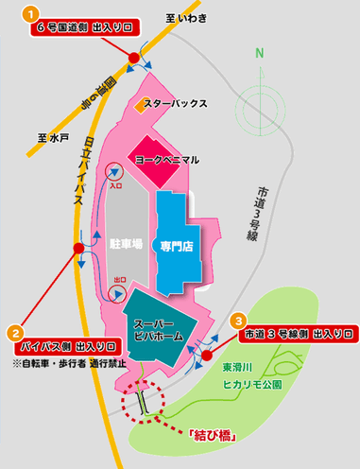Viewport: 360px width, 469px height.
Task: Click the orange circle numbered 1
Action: [32, 14]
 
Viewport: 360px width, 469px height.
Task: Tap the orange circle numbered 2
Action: [15, 333]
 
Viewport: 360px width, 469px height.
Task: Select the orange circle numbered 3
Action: [239, 321]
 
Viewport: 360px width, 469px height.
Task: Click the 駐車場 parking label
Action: [125, 244]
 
